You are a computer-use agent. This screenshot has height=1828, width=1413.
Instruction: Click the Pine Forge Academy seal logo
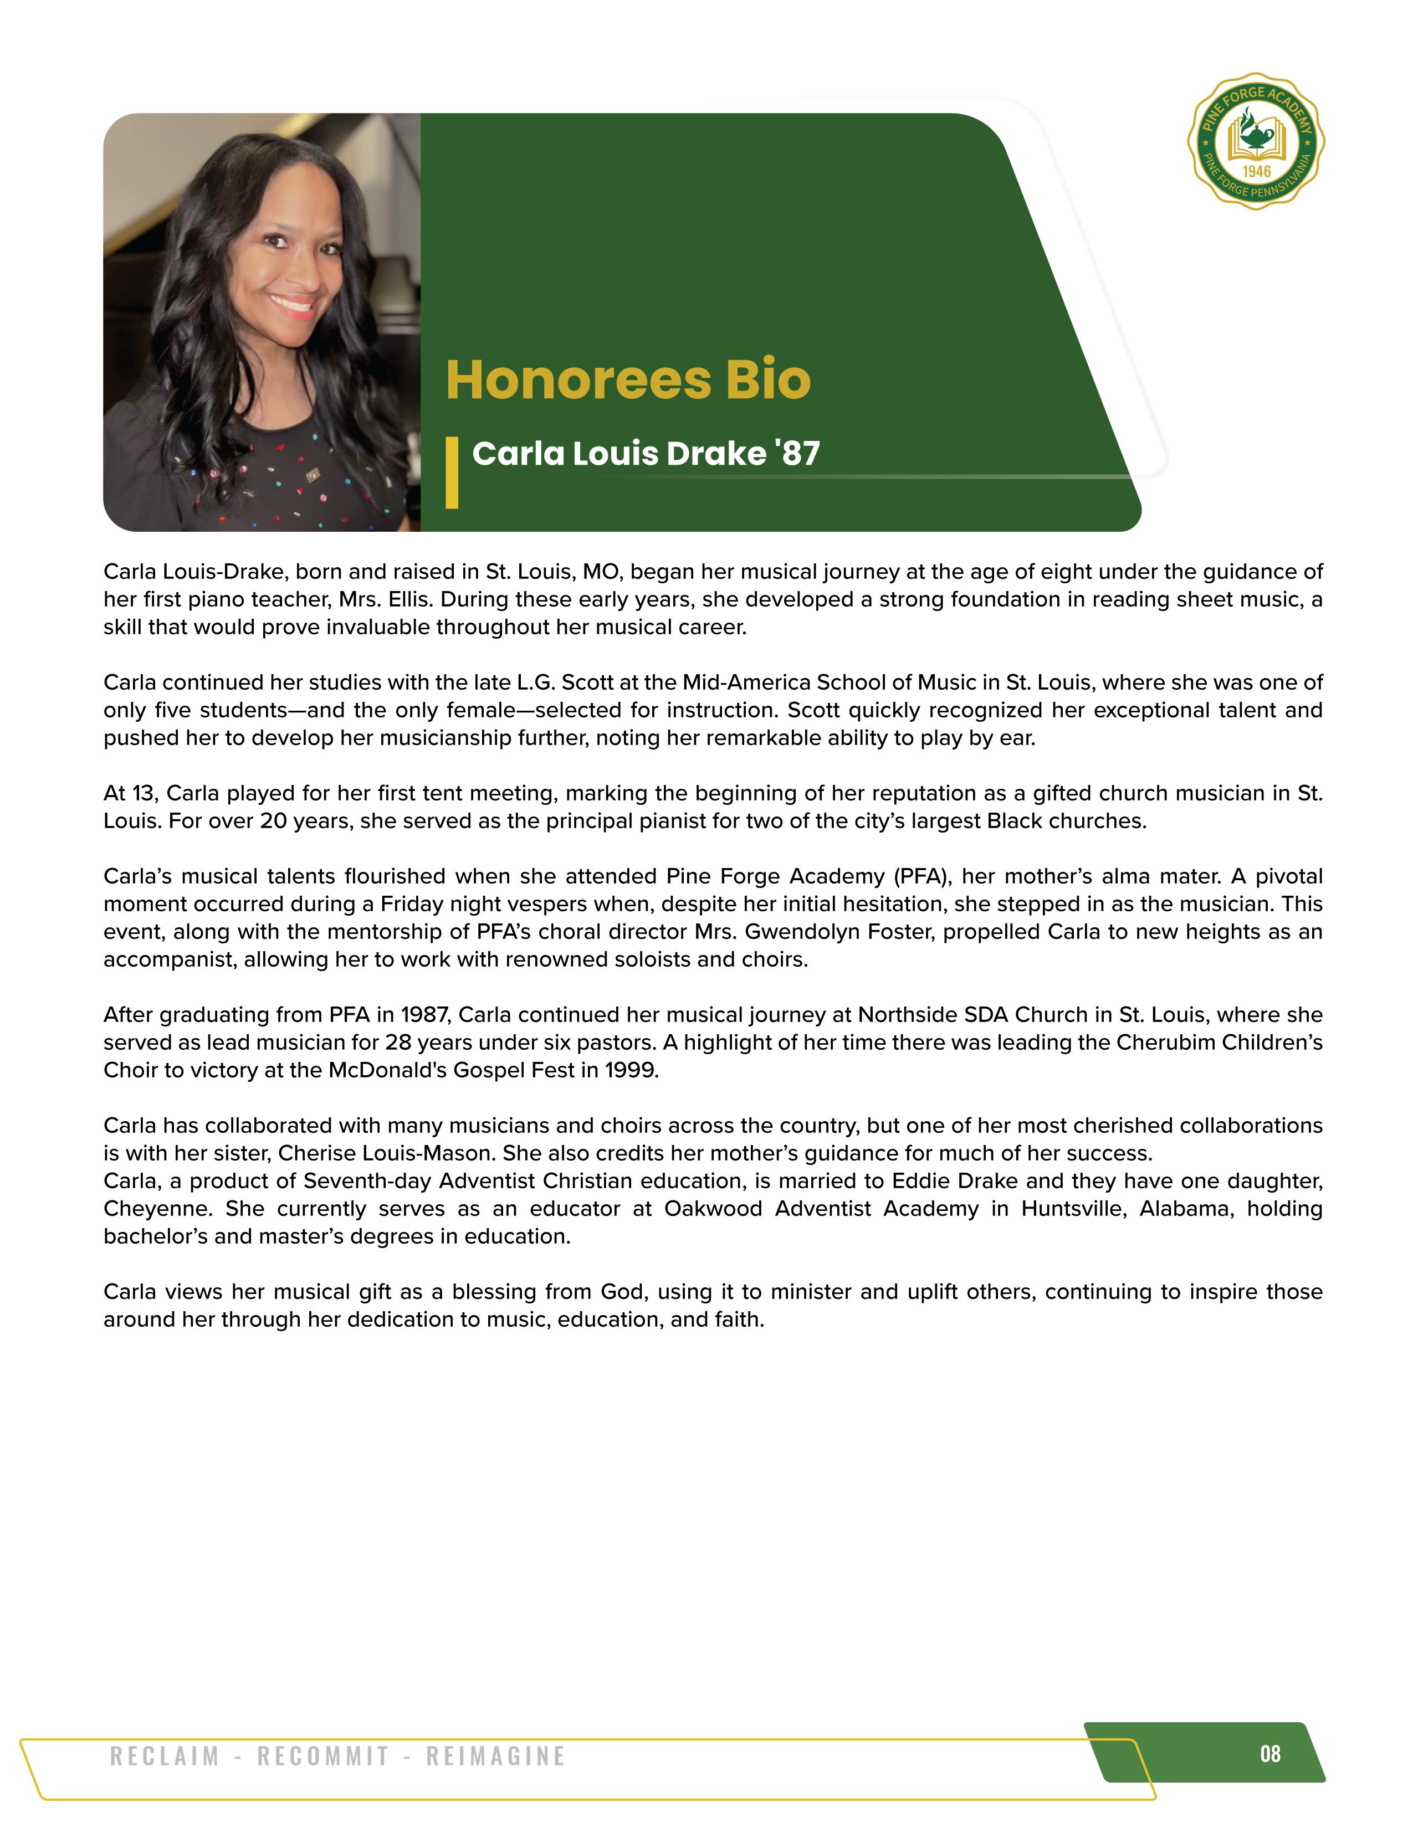(1256, 141)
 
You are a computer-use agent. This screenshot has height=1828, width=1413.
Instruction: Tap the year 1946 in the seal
(1257, 172)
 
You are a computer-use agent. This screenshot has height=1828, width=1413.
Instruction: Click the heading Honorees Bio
(628, 381)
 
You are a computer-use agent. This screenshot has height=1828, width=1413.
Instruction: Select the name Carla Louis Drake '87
(646, 454)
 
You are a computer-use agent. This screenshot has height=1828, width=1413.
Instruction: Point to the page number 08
(1270, 1754)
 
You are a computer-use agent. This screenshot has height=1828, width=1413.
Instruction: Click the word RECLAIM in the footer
(165, 1756)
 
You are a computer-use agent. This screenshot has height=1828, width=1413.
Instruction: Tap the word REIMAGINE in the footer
(495, 1756)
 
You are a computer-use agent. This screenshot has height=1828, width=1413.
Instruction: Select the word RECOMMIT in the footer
(323, 1756)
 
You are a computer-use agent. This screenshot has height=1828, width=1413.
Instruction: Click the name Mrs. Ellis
(385, 599)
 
